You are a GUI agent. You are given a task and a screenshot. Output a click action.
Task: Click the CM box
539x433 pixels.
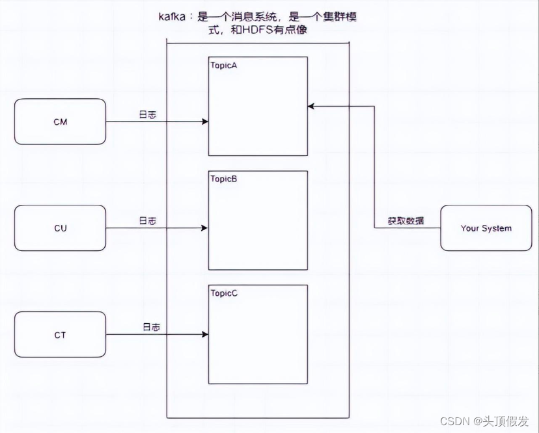(x=60, y=122)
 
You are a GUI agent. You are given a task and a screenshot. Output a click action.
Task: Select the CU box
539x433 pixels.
(x=60, y=228)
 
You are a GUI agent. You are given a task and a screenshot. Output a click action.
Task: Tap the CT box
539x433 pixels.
(x=60, y=335)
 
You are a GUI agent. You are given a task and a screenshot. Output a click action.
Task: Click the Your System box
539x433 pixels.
(x=486, y=228)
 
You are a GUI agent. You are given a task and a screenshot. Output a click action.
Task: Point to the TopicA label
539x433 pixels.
(x=223, y=65)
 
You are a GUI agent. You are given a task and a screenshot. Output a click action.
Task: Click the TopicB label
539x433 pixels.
(x=223, y=179)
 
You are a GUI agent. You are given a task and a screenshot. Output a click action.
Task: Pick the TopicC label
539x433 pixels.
(x=224, y=293)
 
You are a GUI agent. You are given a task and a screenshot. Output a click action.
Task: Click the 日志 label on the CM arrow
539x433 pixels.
(x=148, y=115)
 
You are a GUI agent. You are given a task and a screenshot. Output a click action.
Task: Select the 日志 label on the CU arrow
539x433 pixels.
(x=148, y=222)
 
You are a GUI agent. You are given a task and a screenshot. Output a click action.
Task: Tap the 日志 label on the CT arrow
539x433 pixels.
(x=151, y=328)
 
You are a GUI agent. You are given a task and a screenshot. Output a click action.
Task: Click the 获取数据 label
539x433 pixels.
(x=406, y=221)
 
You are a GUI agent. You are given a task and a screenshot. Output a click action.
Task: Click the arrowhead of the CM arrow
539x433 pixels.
(x=205, y=122)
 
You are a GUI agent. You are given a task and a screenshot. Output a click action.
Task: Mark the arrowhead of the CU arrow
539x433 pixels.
(x=205, y=228)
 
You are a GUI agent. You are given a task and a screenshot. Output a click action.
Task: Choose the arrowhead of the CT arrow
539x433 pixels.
(x=205, y=335)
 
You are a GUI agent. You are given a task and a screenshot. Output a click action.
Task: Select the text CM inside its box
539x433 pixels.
(x=60, y=122)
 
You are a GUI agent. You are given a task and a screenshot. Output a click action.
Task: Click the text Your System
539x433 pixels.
(x=486, y=228)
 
